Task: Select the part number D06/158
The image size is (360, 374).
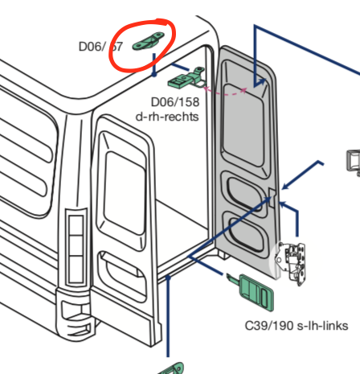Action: [x=175, y=102]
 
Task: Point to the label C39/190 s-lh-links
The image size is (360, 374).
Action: [x=296, y=325]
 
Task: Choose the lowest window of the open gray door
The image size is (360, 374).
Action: [x=245, y=232]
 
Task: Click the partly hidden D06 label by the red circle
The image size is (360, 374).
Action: [x=100, y=46]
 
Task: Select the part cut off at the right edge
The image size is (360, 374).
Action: [x=352, y=161]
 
